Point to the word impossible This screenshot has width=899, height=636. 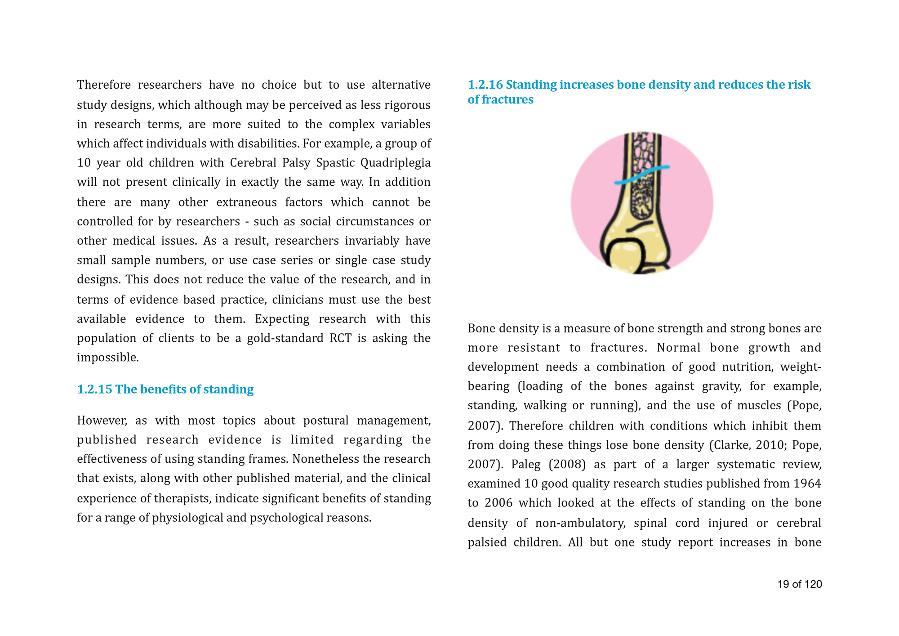tap(107, 358)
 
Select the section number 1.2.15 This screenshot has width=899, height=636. tap(94, 390)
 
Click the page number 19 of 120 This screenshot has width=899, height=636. tap(799, 584)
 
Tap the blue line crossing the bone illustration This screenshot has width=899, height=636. tap(642, 175)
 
